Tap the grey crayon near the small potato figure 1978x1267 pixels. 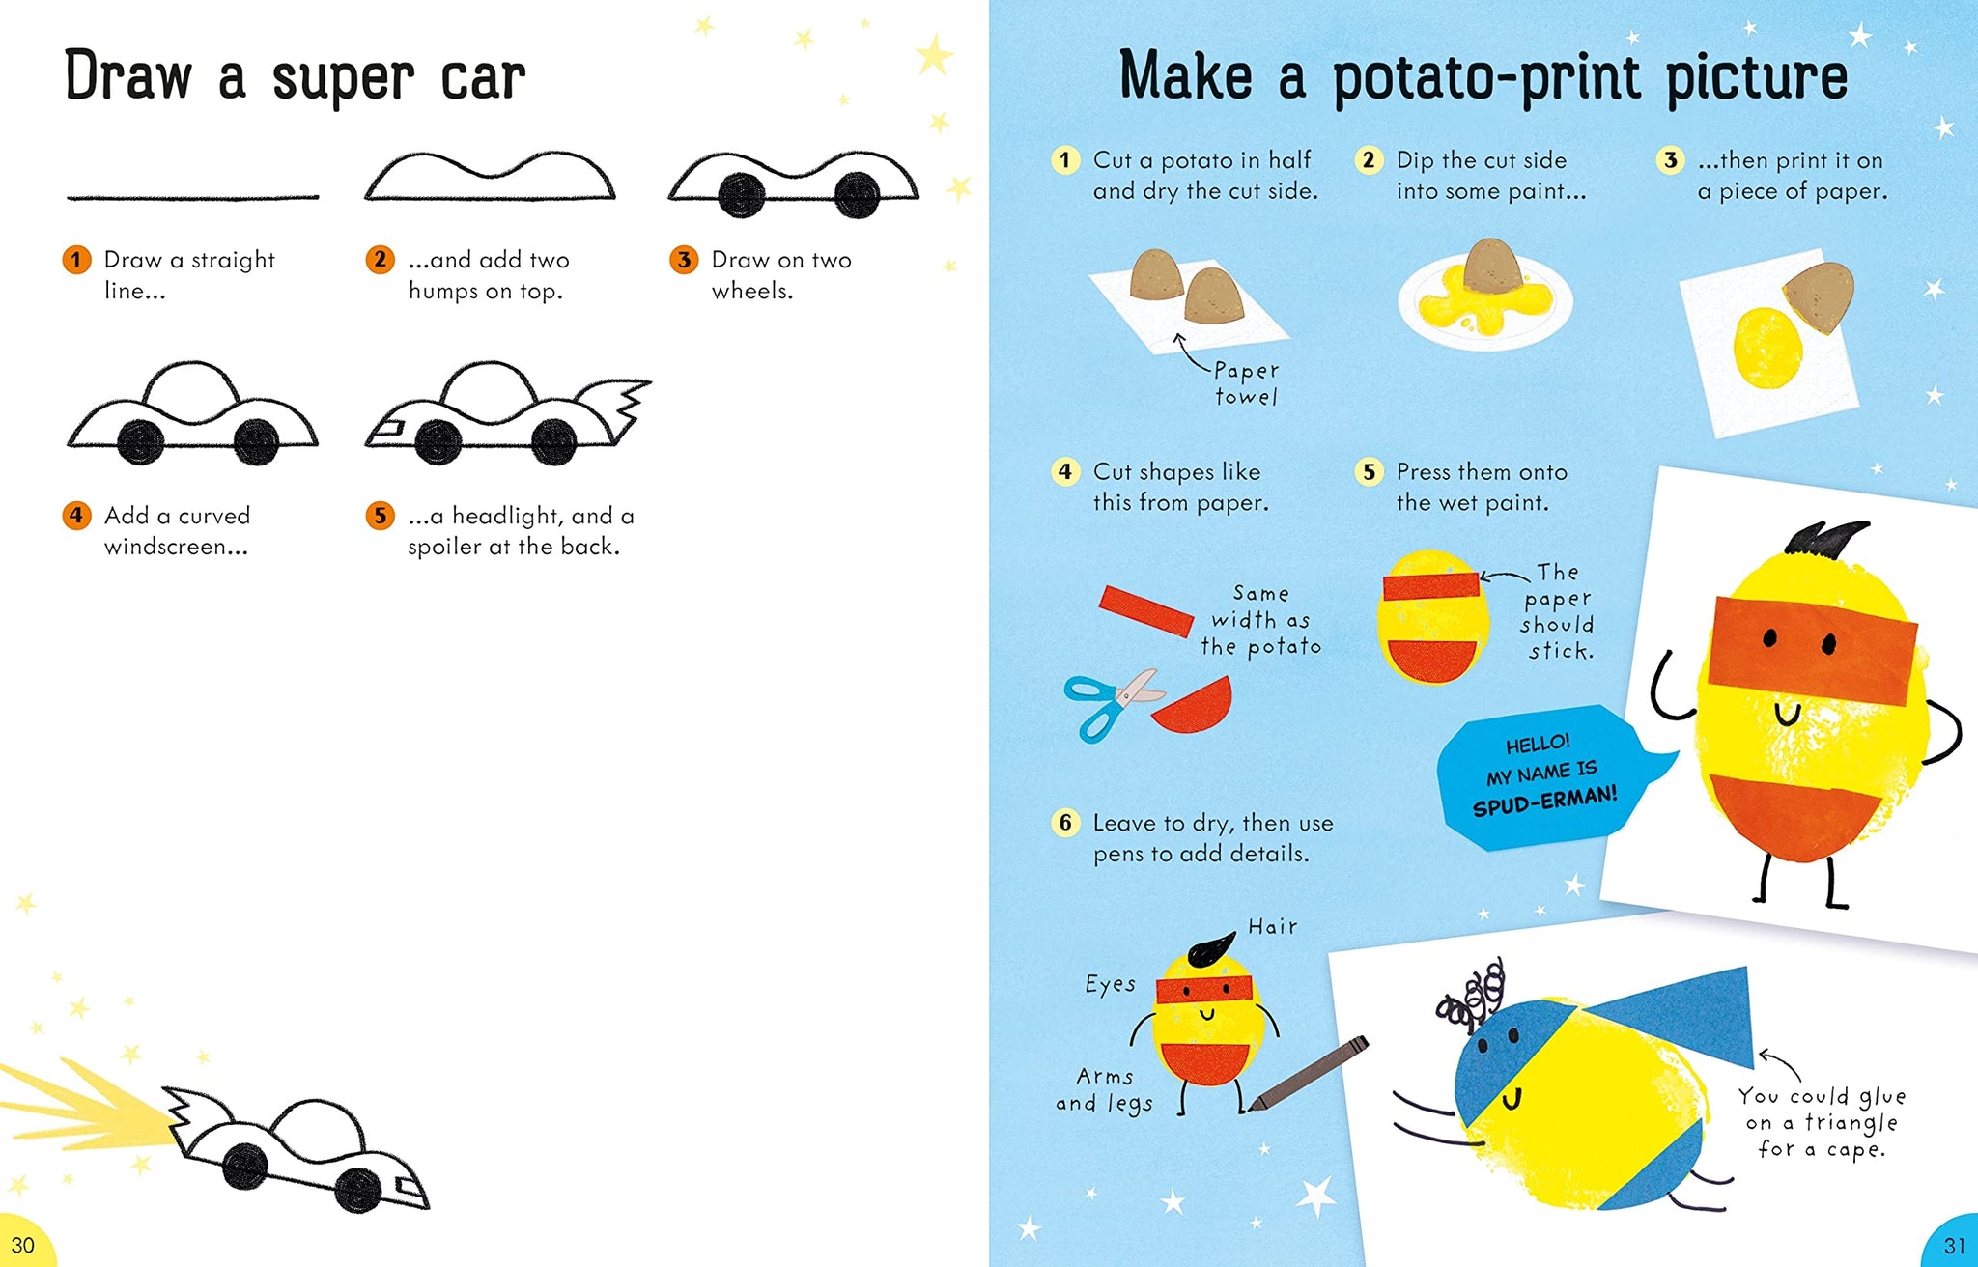[x=1308, y=1074]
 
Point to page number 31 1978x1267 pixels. [x=1954, y=1246]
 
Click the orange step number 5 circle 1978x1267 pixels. [x=380, y=516]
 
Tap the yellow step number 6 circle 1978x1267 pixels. [x=1065, y=823]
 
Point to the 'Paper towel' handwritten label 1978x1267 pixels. [x=1246, y=383]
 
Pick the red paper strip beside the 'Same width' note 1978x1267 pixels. [x=1145, y=610]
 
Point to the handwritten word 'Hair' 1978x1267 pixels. [x=1273, y=927]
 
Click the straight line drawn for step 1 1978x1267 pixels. [x=192, y=197]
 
